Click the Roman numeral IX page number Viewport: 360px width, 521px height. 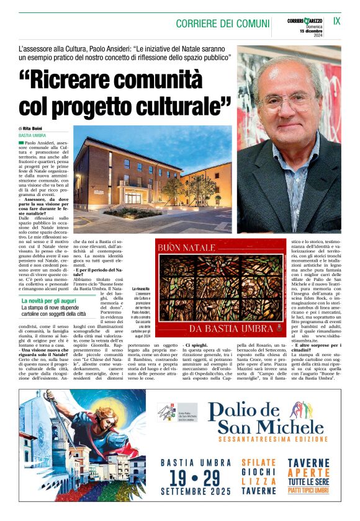337,21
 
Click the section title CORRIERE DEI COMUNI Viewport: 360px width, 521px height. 222,24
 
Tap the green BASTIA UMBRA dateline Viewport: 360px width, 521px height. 32,135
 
